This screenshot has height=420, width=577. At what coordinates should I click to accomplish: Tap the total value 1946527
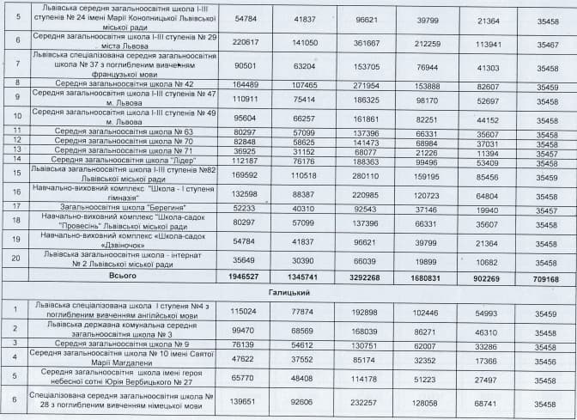240,278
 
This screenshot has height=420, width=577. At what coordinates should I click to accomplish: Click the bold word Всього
120,278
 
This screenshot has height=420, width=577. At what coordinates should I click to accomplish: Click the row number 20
16,260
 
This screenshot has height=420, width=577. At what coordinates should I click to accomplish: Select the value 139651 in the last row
241,402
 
